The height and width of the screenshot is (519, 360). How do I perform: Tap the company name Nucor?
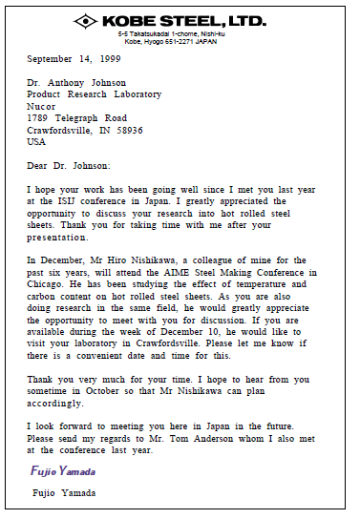[41, 106]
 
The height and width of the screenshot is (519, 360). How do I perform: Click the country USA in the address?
[36, 141]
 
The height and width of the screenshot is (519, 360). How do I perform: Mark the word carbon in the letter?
[46, 295]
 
